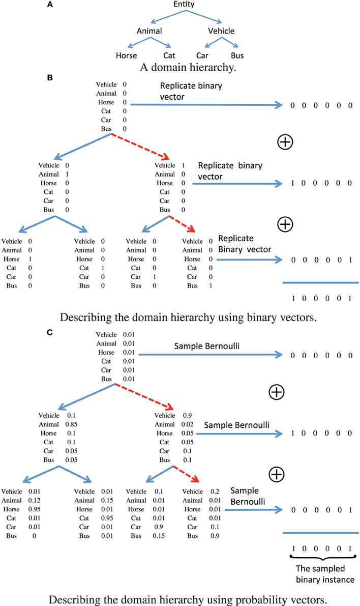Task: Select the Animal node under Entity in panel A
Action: pyautogui.click(x=149, y=31)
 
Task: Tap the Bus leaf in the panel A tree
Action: pyautogui.click(x=237, y=55)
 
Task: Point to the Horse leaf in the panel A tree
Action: pyautogui.click(x=127, y=55)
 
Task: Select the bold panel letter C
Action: pyautogui.click(x=49, y=332)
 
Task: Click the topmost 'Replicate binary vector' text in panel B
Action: pyautogui.click(x=191, y=91)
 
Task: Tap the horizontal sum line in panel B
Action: pyautogui.click(x=320, y=282)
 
